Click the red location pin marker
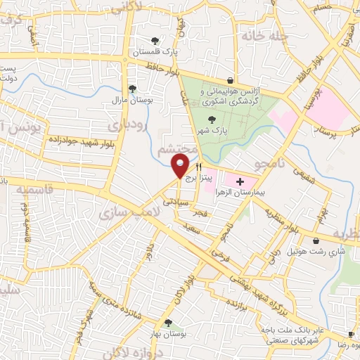tap(180, 166)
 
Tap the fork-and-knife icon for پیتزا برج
tap(198, 167)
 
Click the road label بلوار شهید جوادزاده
tap(77, 143)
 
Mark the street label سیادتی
tap(176, 200)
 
